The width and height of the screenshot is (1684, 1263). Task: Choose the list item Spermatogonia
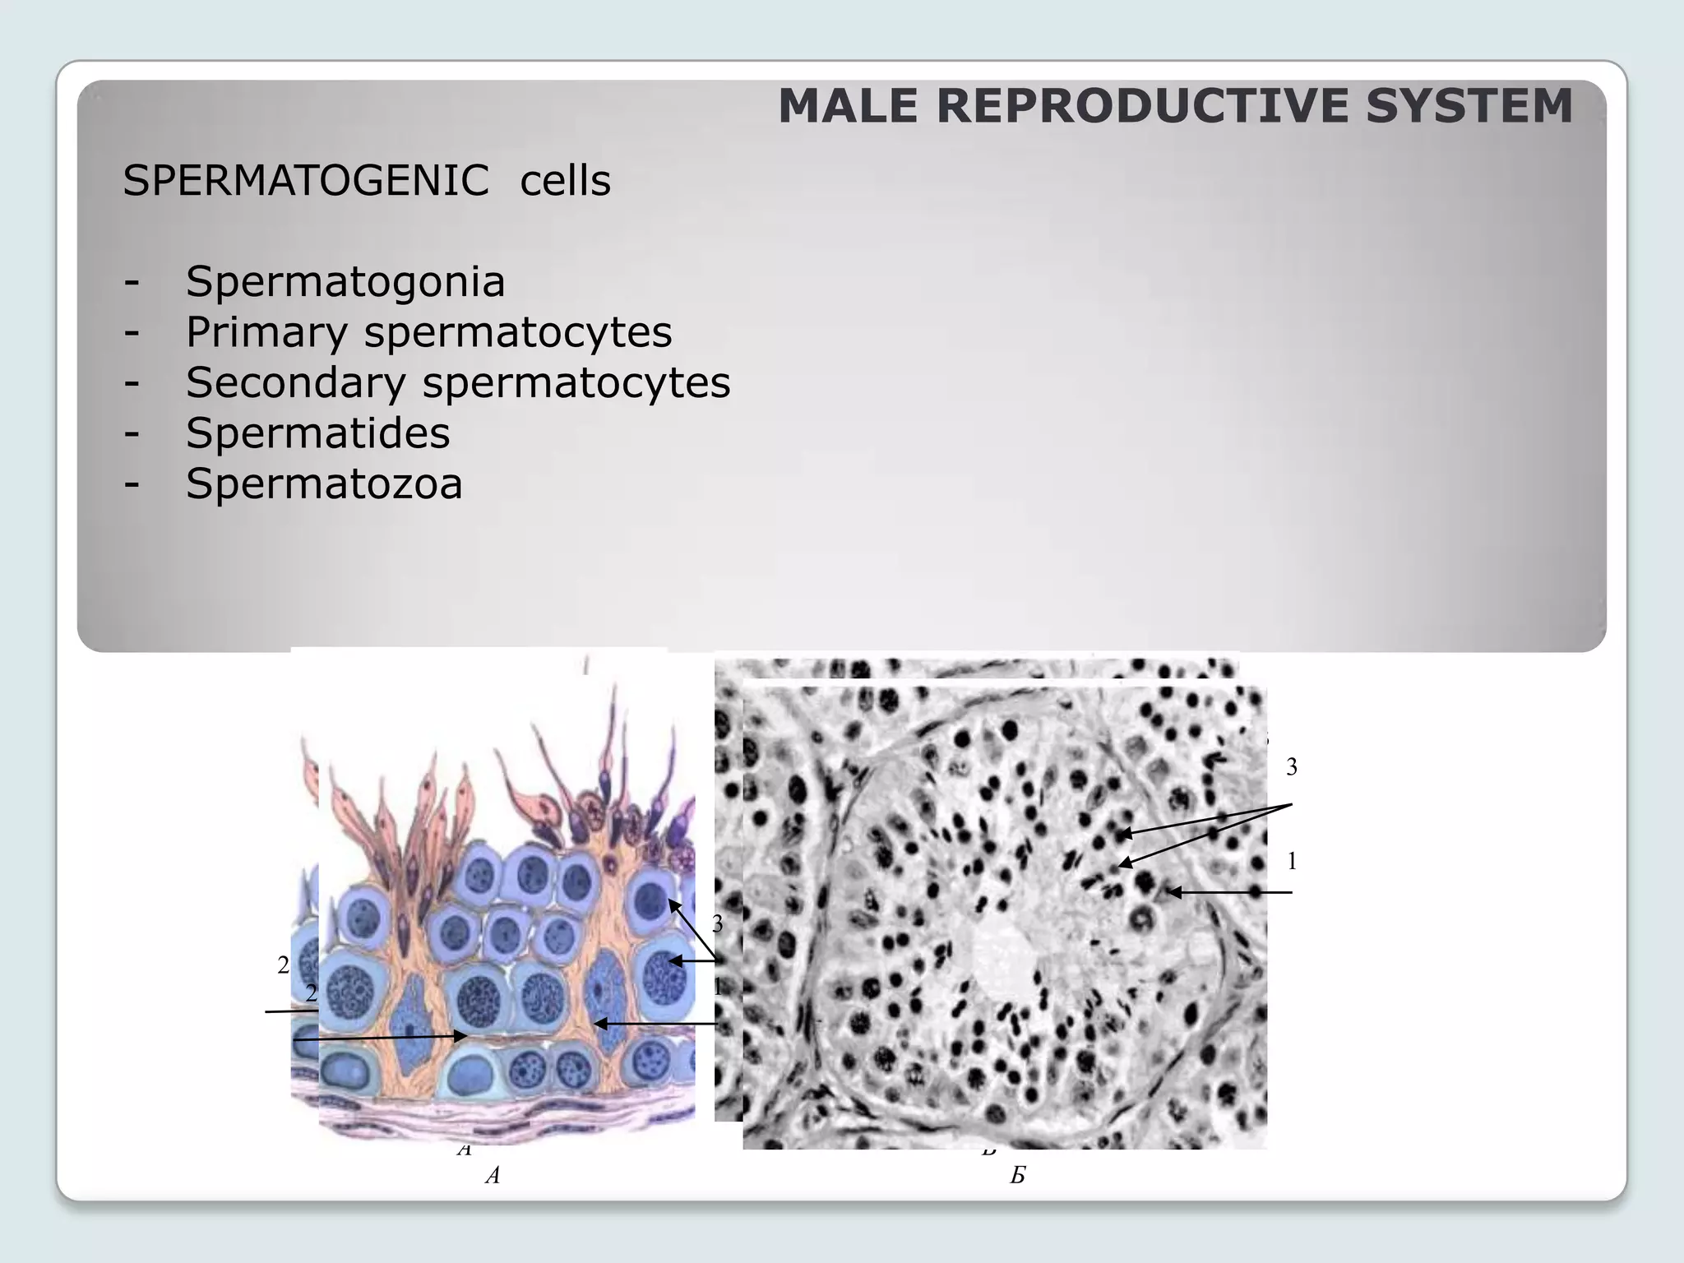tap(345, 282)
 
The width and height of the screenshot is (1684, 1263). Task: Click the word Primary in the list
tap(266, 333)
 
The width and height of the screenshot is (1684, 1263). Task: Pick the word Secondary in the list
tap(295, 383)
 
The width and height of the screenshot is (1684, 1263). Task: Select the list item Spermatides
tap(317, 433)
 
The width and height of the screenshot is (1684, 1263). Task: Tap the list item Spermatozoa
tap(324, 483)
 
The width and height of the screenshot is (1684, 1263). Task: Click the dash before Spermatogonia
tap(132, 282)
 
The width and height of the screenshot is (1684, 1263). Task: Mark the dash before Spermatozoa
tap(132, 483)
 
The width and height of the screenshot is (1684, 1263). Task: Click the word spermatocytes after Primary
tap(518, 333)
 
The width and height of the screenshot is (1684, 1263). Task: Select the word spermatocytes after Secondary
tap(576, 383)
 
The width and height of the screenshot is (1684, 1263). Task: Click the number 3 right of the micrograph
tap(1292, 767)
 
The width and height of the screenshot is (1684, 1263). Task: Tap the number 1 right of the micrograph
tap(1292, 862)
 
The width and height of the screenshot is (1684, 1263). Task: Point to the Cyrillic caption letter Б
tap(1017, 1176)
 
